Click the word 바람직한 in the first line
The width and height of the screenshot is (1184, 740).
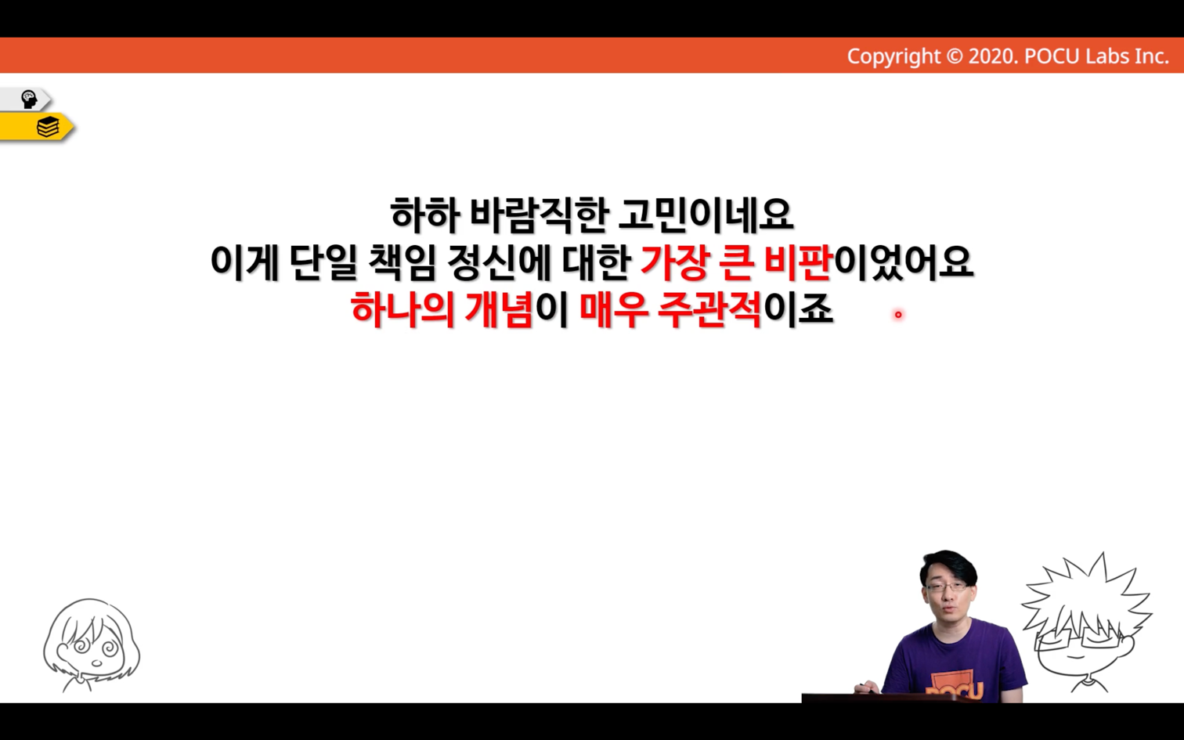click(536, 215)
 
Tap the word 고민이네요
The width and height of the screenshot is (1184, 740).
click(705, 215)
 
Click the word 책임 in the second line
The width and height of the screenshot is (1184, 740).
click(402, 262)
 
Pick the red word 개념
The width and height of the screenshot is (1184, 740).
click(499, 309)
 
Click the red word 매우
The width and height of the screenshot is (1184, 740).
click(613, 309)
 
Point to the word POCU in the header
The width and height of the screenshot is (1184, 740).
click(1052, 56)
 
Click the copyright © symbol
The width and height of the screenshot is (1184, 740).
click(954, 56)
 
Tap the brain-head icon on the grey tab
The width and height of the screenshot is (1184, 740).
click(28, 99)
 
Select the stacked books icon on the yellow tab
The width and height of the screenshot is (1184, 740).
click(48, 127)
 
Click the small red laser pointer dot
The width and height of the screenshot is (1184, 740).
click(898, 315)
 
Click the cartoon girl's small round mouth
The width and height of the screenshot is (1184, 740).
click(96, 663)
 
